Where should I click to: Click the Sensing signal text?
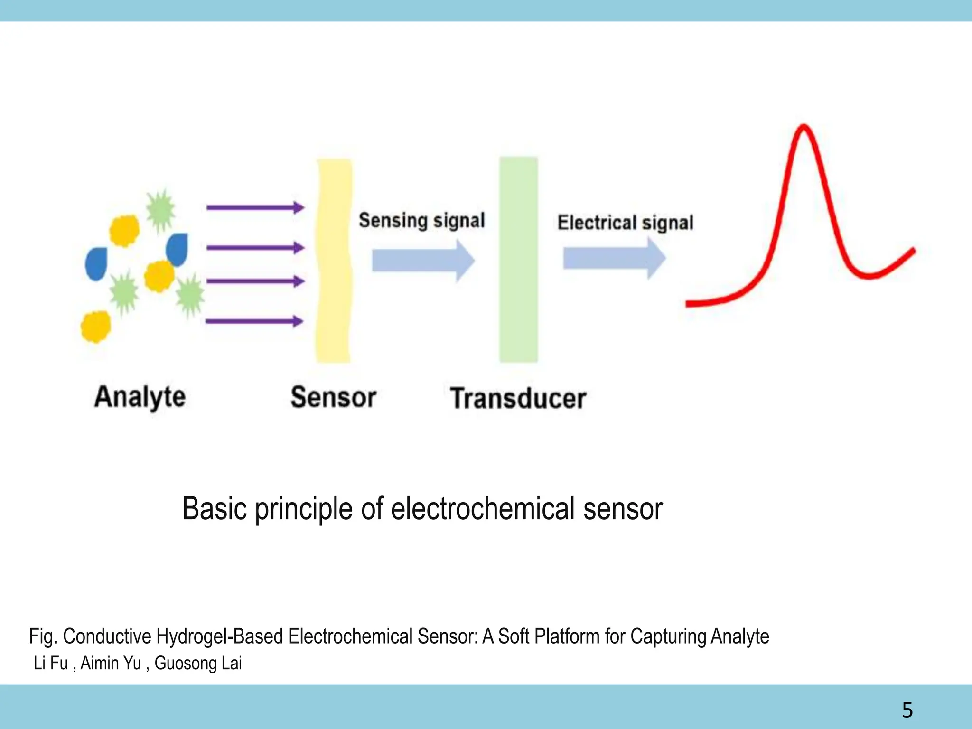tap(421, 220)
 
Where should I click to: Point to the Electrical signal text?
tap(625, 223)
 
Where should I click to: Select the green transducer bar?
tap(518, 260)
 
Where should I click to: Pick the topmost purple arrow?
tap(255, 207)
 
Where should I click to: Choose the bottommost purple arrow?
tap(254, 321)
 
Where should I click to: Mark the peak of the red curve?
tap(804, 127)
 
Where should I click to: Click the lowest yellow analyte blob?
tap(95, 326)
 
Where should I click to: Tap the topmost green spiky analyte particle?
tap(160, 210)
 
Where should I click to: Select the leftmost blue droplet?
tap(96, 264)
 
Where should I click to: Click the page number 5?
tap(907, 710)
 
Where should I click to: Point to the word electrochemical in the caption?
tap(483, 509)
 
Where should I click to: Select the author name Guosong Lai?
tap(198, 663)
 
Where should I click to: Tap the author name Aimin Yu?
tap(111, 663)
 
